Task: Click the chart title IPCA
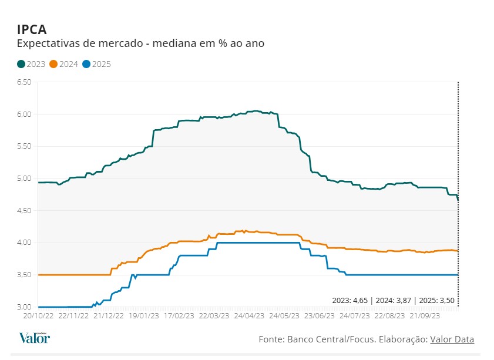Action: [x=32, y=29]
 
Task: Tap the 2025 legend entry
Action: [x=96, y=64]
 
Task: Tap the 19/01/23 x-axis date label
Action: [x=143, y=315]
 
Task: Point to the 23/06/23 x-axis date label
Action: [x=320, y=315]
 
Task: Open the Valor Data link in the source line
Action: [x=452, y=339]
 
